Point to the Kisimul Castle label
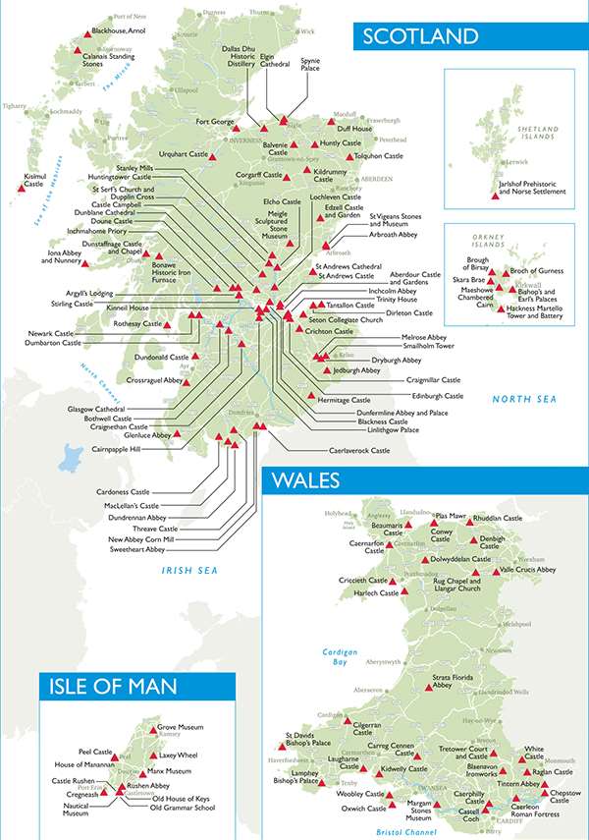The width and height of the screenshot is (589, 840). pos(33,181)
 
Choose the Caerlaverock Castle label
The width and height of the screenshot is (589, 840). pos(358,450)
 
